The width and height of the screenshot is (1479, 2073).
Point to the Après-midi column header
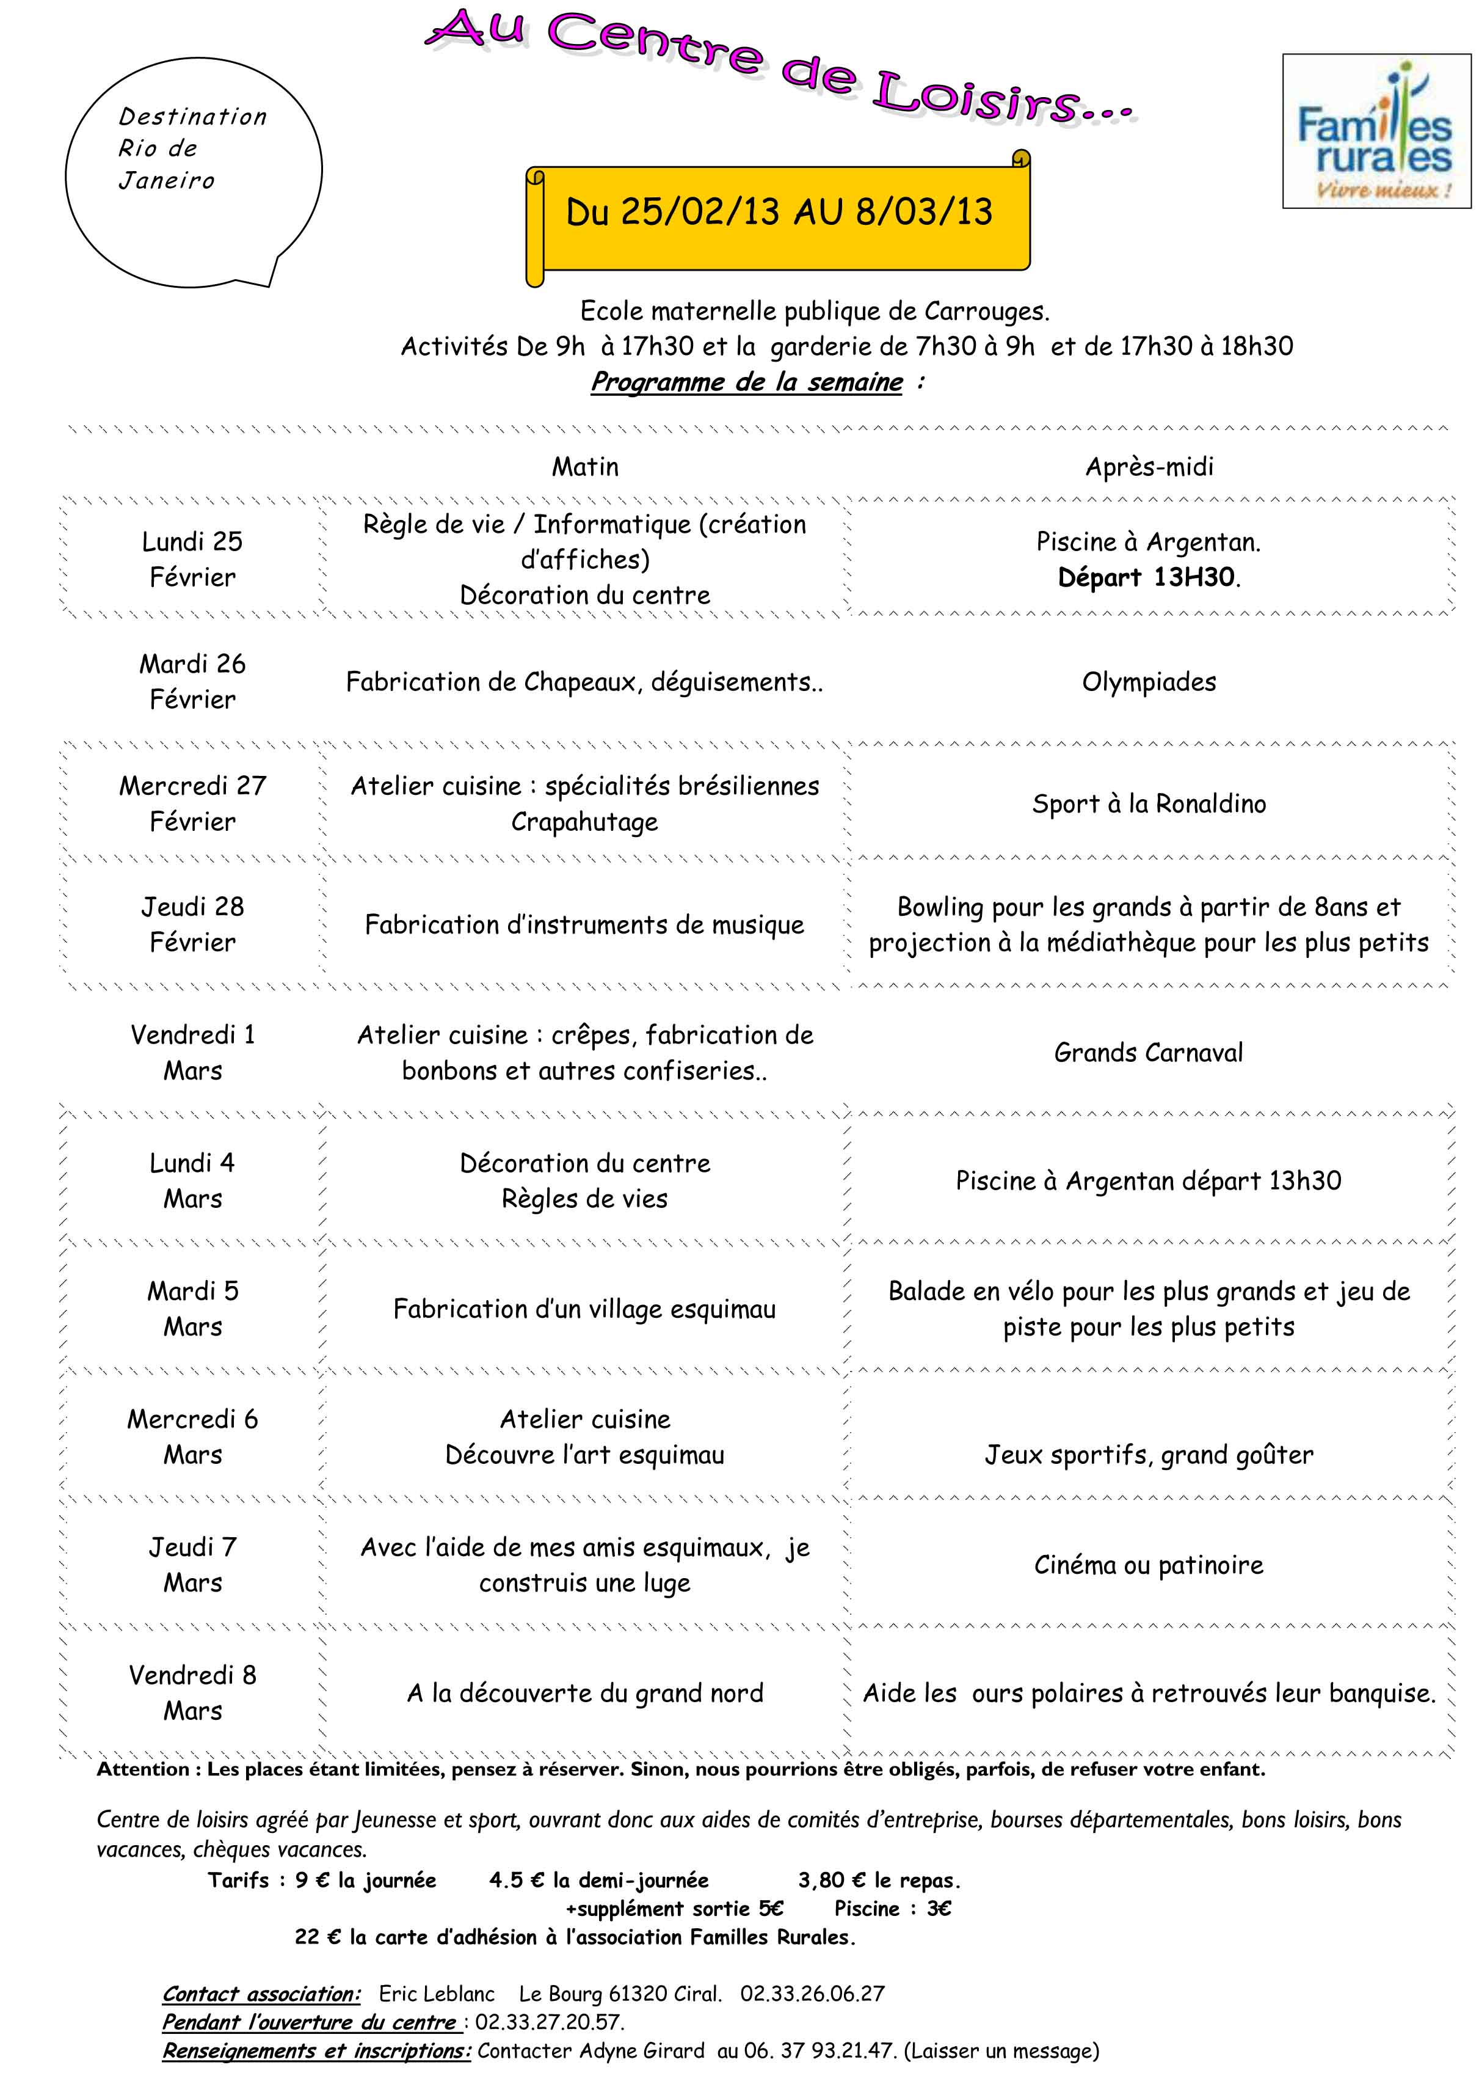click(x=1149, y=467)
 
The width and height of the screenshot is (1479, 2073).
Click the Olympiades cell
click(x=1149, y=682)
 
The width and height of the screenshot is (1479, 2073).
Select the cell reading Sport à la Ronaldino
click(x=1149, y=803)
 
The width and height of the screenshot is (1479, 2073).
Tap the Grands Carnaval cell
click(x=1149, y=1053)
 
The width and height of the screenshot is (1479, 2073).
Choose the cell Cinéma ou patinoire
click(x=1149, y=1565)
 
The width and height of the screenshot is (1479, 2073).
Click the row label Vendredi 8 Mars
click(x=192, y=1693)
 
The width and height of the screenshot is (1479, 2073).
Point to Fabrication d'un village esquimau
click(x=584, y=1309)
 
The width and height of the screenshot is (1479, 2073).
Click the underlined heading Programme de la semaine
click(x=747, y=382)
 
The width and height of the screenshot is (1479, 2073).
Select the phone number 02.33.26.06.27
click(x=812, y=1994)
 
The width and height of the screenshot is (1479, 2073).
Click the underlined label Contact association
click(x=261, y=1994)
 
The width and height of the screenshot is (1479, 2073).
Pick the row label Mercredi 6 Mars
click(x=192, y=1437)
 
